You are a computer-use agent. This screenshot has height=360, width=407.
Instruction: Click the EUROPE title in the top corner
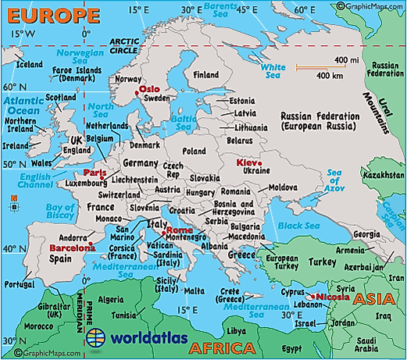50,15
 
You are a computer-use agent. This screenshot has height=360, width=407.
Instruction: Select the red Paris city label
95,173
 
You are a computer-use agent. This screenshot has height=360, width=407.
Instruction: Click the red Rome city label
177,230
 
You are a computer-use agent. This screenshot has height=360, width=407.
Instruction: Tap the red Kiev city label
244,162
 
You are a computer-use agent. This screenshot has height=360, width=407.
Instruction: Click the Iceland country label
30,64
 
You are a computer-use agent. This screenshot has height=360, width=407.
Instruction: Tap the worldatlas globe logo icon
96,339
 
